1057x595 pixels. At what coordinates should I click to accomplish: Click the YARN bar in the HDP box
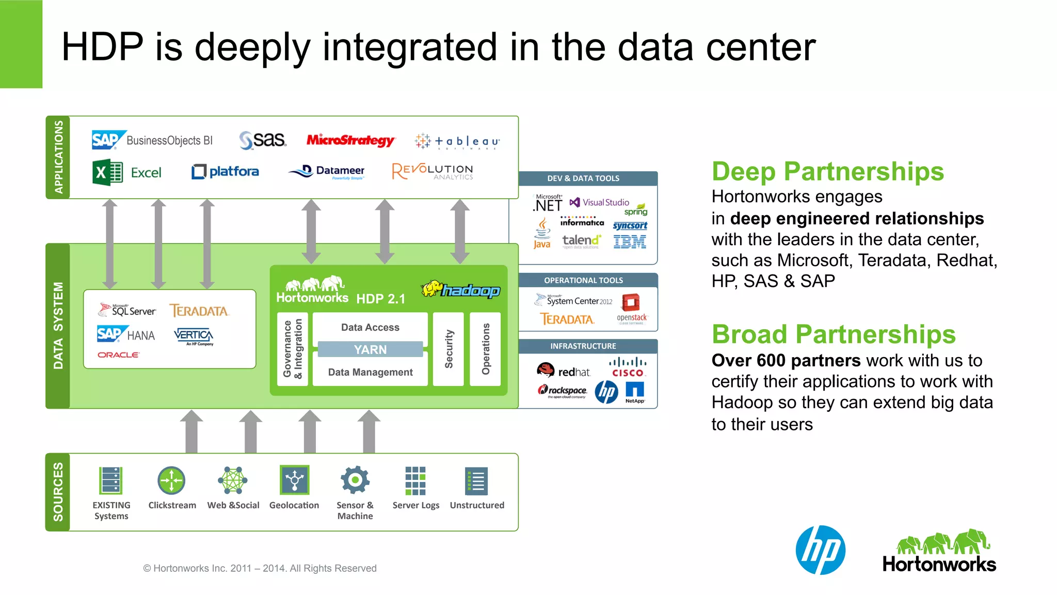pyautogui.click(x=370, y=349)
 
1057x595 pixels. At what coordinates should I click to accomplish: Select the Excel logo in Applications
pyautogui.click(x=127, y=172)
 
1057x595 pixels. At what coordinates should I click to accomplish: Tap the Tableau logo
pyautogui.click(x=457, y=141)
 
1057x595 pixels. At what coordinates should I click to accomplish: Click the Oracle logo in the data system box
pyautogui.click(x=118, y=355)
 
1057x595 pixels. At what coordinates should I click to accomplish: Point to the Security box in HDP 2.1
pyautogui.click(x=449, y=349)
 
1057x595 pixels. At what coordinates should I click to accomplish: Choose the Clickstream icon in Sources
pyautogui.click(x=171, y=481)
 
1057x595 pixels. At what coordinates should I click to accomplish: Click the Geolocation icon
pyautogui.click(x=294, y=480)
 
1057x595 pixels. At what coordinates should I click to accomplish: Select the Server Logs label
pyautogui.click(x=415, y=505)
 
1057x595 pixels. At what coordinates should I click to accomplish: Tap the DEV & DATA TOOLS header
pyautogui.click(x=583, y=179)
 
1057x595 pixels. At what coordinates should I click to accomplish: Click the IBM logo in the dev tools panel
pyautogui.click(x=630, y=242)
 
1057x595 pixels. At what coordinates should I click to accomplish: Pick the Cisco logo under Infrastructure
pyautogui.click(x=628, y=367)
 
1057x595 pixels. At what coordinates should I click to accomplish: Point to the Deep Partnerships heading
pyautogui.click(x=827, y=171)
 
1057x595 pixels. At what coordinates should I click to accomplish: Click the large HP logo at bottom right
pyautogui.click(x=820, y=550)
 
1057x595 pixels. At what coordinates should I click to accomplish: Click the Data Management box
pyautogui.click(x=370, y=372)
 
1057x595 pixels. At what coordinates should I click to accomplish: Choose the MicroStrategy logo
pyautogui.click(x=350, y=140)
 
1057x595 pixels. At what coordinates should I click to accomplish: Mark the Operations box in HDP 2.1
pyautogui.click(x=485, y=349)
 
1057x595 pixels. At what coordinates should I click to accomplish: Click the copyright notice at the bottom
pyautogui.click(x=260, y=568)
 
